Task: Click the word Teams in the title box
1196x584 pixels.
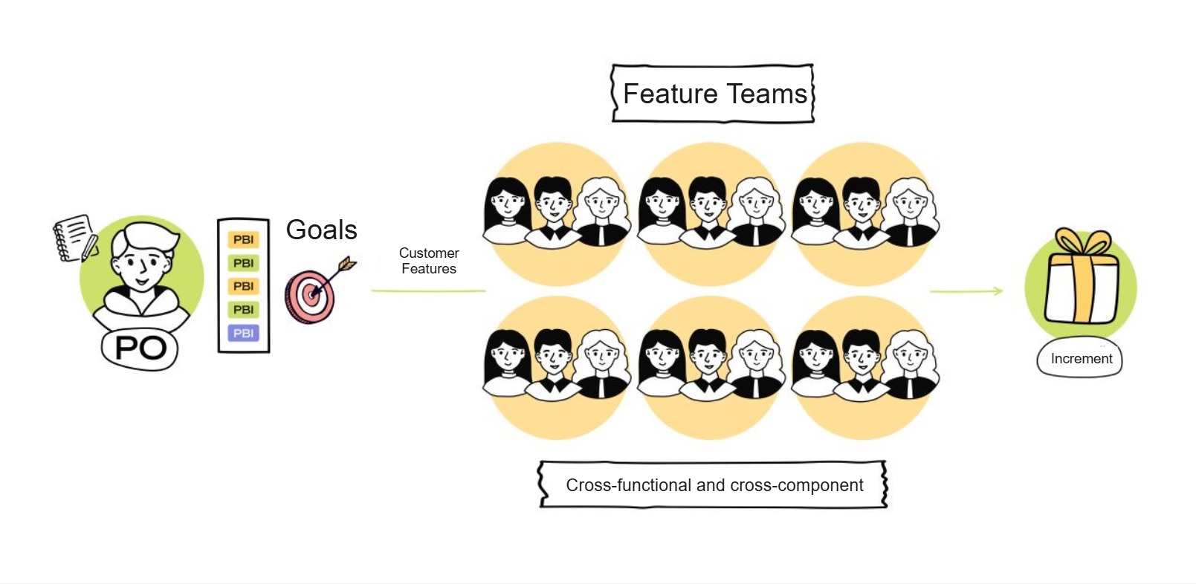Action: tap(766, 94)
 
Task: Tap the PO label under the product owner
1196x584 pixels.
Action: tap(141, 348)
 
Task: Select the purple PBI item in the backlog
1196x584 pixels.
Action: tap(243, 333)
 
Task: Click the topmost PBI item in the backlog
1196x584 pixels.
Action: tap(243, 239)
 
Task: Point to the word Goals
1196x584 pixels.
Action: tap(321, 230)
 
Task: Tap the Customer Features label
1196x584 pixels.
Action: tap(429, 261)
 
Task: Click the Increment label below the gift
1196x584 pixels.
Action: tap(1081, 358)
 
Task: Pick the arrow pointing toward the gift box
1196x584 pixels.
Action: tap(966, 291)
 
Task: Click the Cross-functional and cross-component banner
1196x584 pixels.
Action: tap(714, 485)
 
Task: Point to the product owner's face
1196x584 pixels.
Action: tap(141, 260)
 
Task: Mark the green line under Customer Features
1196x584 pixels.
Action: tap(428, 291)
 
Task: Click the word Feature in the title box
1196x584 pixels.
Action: tap(670, 94)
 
